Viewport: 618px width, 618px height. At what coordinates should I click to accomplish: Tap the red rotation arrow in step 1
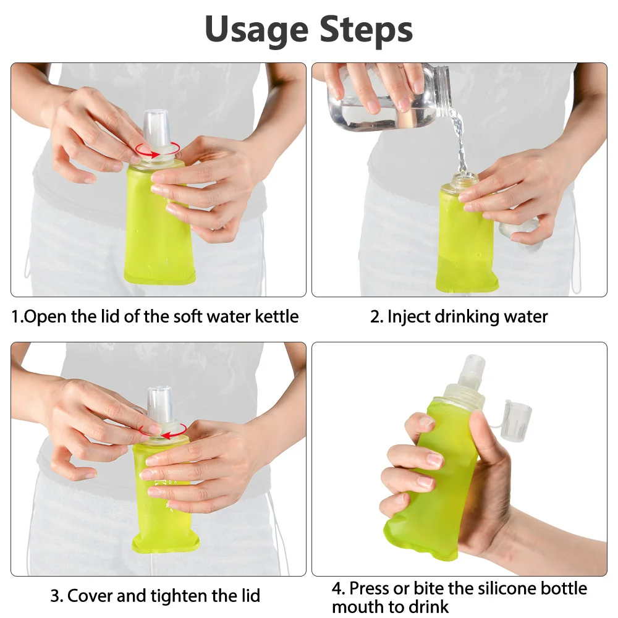click(x=158, y=149)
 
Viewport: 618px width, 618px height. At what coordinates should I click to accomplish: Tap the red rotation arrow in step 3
click(x=162, y=428)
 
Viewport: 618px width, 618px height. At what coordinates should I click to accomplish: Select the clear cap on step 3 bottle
click(x=159, y=404)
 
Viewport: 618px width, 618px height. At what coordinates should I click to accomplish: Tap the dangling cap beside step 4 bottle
click(x=516, y=421)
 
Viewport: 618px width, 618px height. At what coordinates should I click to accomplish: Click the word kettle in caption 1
click(x=278, y=317)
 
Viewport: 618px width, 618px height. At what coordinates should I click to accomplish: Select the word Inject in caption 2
click(x=410, y=317)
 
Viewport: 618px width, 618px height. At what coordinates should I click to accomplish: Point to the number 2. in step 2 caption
click(x=377, y=318)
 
